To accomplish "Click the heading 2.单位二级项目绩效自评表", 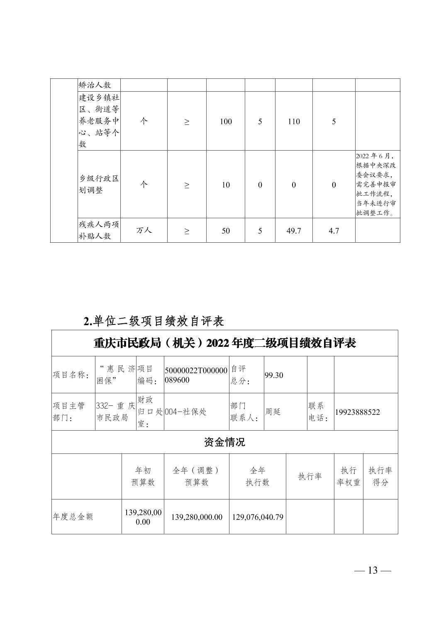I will (x=154, y=321).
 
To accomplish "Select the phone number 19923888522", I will (x=357, y=412).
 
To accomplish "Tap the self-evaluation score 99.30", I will (x=274, y=375).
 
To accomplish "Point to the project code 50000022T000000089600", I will (x=196, y=375).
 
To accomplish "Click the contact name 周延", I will (x=273, y=412).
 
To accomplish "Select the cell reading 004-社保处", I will (x=185, y=412).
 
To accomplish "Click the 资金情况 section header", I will (x=224, y=442).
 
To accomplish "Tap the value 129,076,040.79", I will (x=258, y=517).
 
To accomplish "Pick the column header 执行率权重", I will (x=349, y=476).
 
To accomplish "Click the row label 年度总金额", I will (x=73, y=517).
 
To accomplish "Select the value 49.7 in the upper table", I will (x=294, y=231).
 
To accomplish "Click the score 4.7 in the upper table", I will (x=334, y=231).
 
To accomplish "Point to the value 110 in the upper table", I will (x=294, y=122).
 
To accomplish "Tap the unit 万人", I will (x=144, y=230).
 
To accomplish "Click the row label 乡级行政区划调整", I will (x=99, y=184).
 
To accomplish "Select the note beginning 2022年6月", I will (x=375, y=184).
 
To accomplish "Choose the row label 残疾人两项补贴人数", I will (x=99, y=230).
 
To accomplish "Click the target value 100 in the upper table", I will (x=226, y=122).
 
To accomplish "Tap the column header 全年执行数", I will (x=258, y=476).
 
